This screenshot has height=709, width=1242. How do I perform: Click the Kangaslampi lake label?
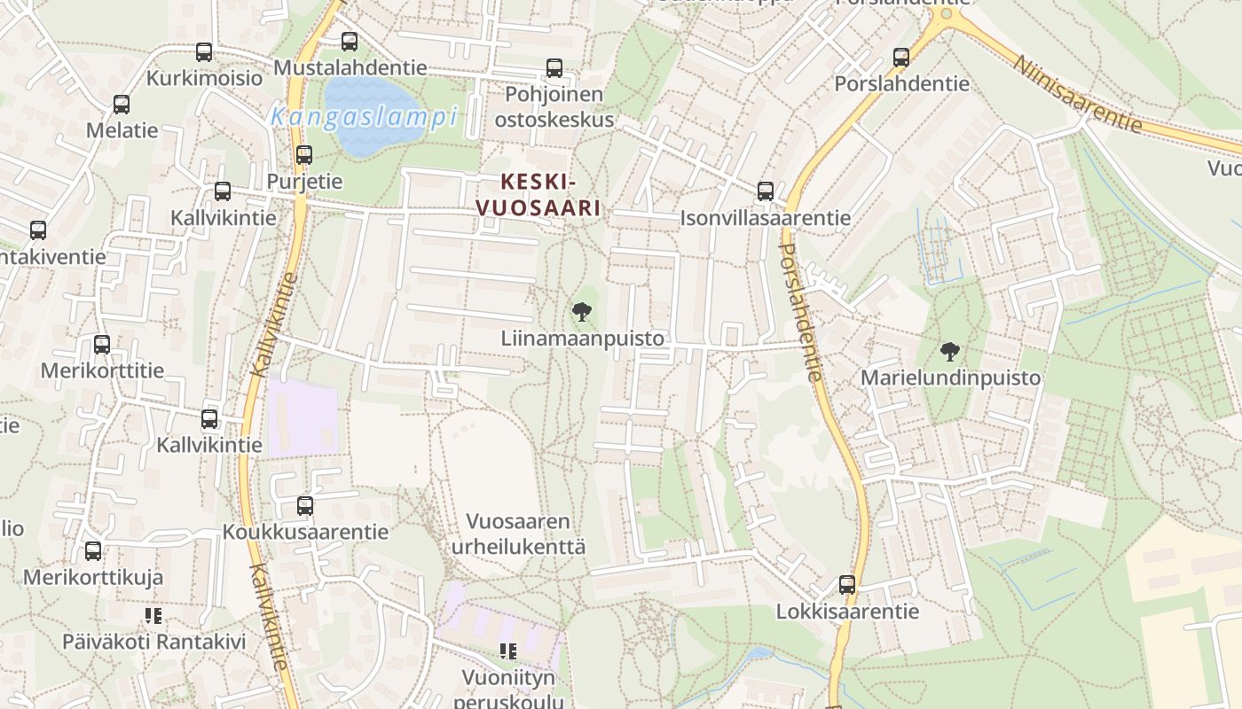364,117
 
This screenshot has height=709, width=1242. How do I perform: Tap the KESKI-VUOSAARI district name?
538,195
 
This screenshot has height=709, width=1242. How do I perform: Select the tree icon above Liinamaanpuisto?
582,311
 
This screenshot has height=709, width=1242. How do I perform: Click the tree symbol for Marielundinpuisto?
950,351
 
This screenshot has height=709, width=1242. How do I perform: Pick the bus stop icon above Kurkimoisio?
204,52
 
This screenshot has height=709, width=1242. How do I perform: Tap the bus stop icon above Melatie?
122,105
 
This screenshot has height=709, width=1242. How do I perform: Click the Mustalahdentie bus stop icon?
350,41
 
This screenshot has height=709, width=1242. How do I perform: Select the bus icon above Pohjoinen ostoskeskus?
554,67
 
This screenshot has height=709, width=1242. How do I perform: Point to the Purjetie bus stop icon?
304,155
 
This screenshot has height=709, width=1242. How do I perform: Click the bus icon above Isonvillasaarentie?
766,191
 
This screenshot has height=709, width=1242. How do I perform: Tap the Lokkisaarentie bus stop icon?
847,585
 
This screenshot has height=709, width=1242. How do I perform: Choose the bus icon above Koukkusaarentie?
305,506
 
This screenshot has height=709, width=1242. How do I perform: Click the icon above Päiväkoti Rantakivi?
153,615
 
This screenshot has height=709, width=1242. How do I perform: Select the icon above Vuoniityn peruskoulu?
508,652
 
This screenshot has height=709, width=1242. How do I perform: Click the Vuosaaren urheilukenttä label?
519,534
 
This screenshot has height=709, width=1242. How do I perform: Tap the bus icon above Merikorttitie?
102,345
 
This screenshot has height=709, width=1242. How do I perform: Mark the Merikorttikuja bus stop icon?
93,551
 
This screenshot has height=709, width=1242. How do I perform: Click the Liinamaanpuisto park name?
582,339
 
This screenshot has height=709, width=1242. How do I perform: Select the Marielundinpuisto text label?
950,378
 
